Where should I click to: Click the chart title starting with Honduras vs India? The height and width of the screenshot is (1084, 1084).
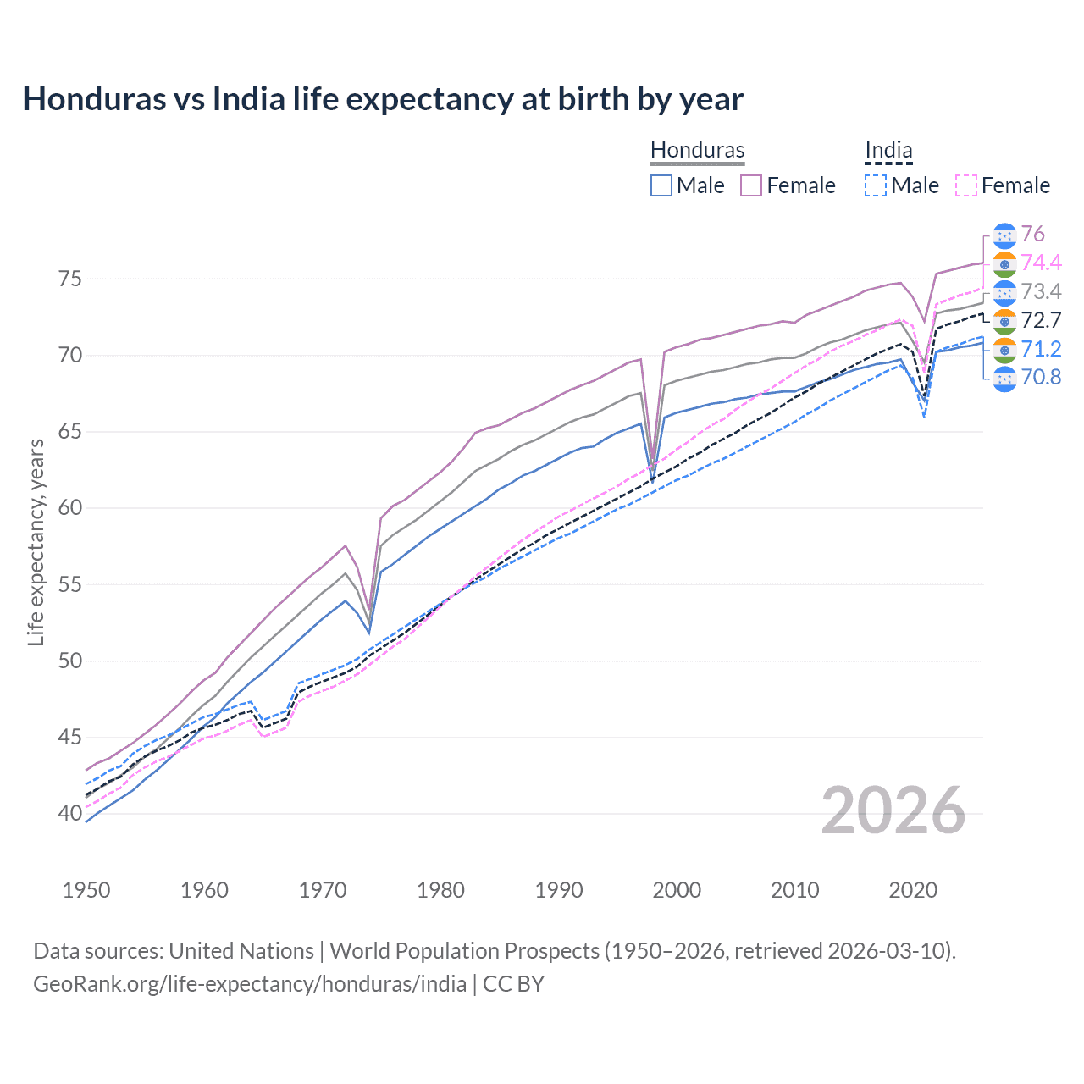coord(383,99)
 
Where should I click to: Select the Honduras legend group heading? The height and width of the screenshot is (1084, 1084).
coord(697,150)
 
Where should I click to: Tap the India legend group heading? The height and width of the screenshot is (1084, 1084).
coord(888,150)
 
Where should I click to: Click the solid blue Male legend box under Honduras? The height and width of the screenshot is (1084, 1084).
coord(661,185)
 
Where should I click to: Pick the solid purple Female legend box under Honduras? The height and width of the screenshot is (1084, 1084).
coord(751,185)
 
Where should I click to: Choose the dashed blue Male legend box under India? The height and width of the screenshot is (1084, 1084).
coord(876,185)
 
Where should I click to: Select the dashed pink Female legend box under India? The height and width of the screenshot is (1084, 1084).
coord(966,185)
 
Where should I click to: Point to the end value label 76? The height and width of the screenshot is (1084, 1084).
coord(1032,234)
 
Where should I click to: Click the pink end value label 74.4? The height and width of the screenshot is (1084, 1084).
coord(1041,263)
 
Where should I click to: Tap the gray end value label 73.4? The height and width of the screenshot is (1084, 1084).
coord(1041,291)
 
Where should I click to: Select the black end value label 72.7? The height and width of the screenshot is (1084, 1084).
coord(1041,320)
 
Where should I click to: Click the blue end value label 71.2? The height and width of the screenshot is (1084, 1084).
coord(1041,349)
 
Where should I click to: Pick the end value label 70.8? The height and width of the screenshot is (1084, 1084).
coord(1041,378)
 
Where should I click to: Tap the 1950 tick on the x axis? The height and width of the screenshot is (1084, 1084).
coord(86,890)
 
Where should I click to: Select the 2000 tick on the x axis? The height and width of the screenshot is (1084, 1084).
coord(677,890)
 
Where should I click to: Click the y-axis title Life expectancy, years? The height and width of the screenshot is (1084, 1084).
coord(36,542)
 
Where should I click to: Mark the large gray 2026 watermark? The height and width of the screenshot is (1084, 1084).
coord(893,810)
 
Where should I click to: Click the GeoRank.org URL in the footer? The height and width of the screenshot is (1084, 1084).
coord(250,983)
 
